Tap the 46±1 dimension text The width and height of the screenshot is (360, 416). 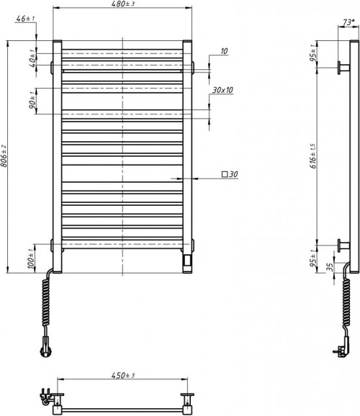25,19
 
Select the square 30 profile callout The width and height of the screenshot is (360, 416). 230,175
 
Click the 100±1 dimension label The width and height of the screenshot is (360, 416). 32,258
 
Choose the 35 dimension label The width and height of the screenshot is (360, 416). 330,268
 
